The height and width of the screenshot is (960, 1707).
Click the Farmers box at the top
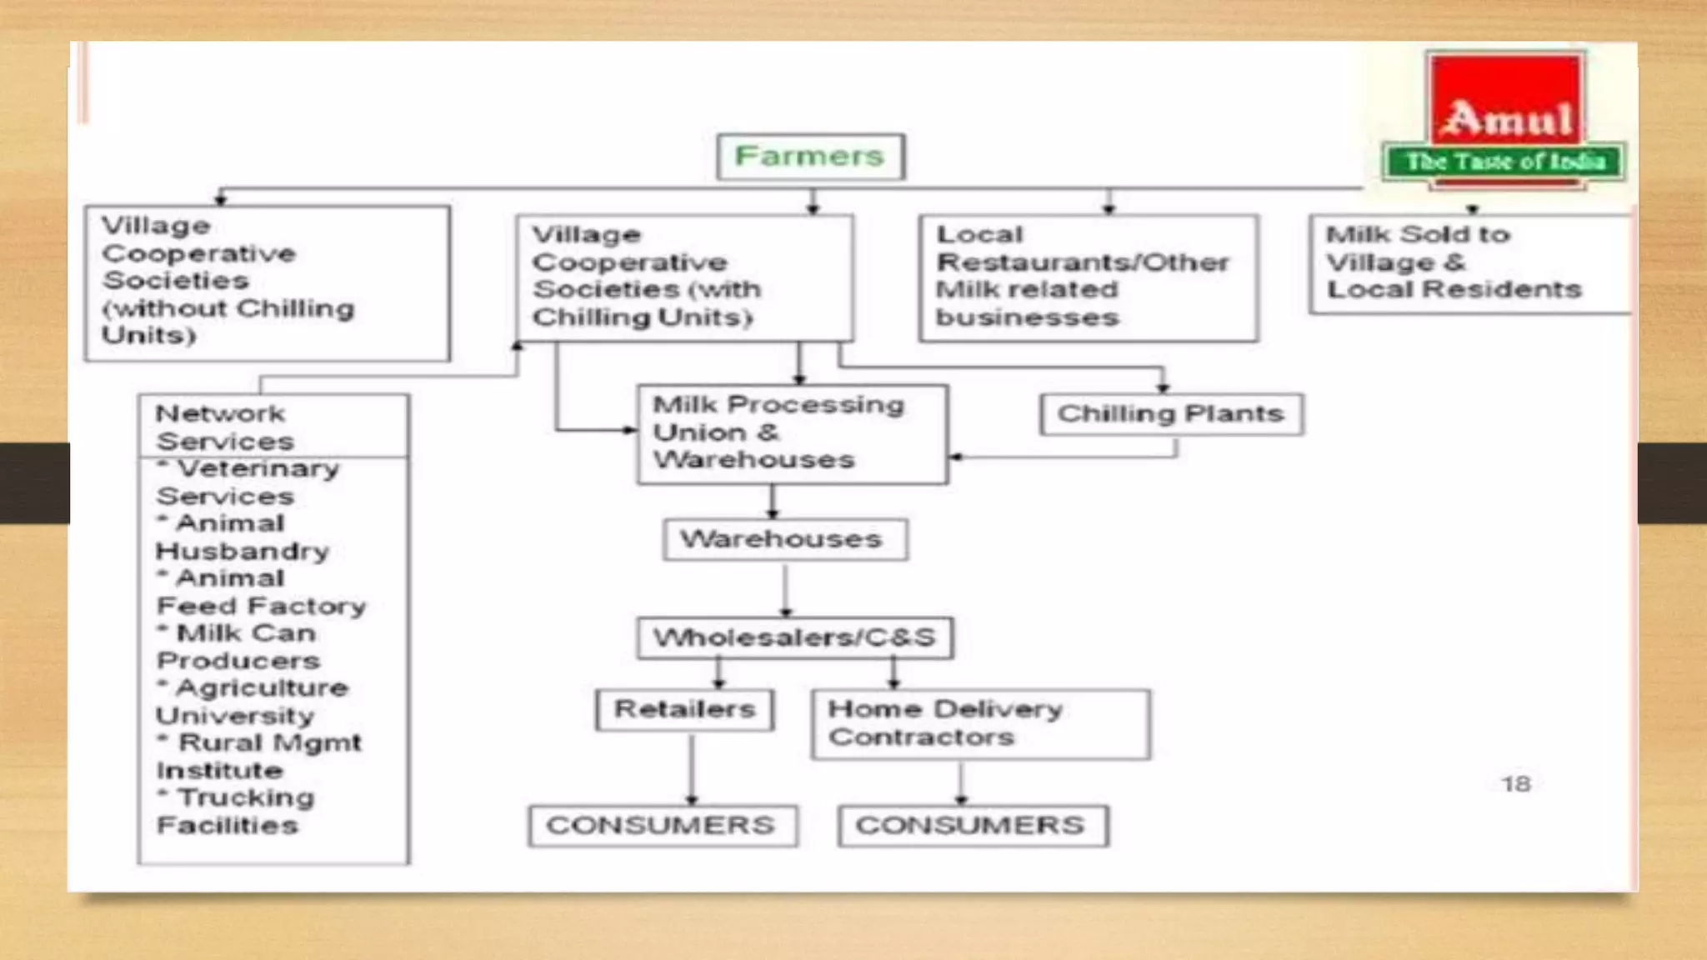pos(810,157)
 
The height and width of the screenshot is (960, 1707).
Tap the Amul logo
pos(1504,121)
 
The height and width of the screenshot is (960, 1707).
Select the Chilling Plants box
pos(1171,414)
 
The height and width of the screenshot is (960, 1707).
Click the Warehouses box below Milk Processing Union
pos(785,540)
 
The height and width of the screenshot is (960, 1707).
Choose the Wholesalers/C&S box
pos(795,638)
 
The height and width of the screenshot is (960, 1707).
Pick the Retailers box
pos(684,710)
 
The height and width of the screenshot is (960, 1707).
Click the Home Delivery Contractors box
pos(981,724)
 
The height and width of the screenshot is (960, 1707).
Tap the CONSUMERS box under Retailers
pos(663,826)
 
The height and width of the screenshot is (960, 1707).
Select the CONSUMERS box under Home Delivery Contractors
pos(973,826)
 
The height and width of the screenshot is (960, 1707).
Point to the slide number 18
pos(1516,784)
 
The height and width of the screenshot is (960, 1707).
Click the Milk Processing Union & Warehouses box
pos(793,434)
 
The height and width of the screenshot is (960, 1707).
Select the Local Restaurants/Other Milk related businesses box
pos(1089,278)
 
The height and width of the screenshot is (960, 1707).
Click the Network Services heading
pos(225,427)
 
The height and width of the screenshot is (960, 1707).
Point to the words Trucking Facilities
pos(236,812)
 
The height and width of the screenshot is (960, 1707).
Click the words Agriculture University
pos(252,702)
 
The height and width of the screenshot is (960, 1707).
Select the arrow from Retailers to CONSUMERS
pos(692,768)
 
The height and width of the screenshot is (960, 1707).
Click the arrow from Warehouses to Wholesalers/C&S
pos(785,590)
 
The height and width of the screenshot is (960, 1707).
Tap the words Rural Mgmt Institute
pos(258,757)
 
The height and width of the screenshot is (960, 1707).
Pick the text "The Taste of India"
pos(1505,162)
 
